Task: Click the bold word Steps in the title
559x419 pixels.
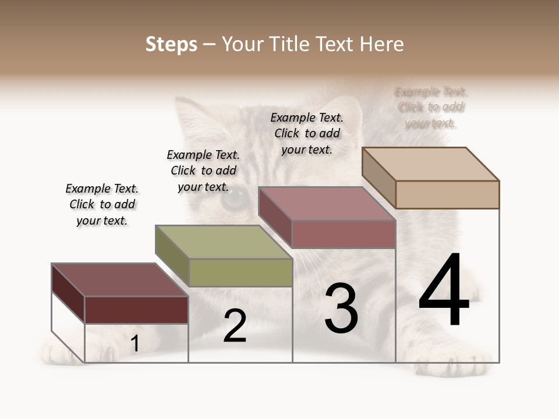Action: click(x=171, y=44)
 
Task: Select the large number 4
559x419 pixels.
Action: click(x=444, y=291)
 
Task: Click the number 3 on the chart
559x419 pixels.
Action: click(x=341, y=308)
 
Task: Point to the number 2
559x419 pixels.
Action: click(x=235, y=326)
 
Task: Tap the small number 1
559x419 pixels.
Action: click(x=135, y=344)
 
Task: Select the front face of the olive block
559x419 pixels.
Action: click(x=240, y=272)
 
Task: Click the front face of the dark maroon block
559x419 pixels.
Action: click(x=136, y=310)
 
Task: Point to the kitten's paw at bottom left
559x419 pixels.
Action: click(x=61, y=353)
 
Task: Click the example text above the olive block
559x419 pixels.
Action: click(x=203, y=171)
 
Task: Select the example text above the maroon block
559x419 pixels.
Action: click(x=102, y=204)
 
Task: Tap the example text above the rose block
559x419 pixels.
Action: click(x=307, y=133)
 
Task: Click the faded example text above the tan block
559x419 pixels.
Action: click(x=431, y=107)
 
